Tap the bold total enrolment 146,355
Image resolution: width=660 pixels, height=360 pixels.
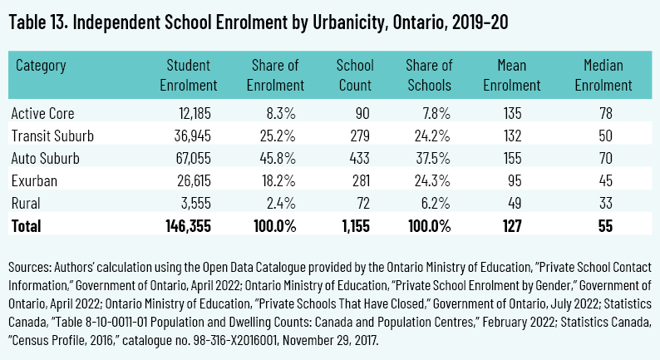[x=190, y=225]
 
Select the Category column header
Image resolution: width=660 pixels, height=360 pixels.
[x=41, y=64]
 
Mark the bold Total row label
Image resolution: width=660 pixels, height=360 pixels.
[x=27, y=225]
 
